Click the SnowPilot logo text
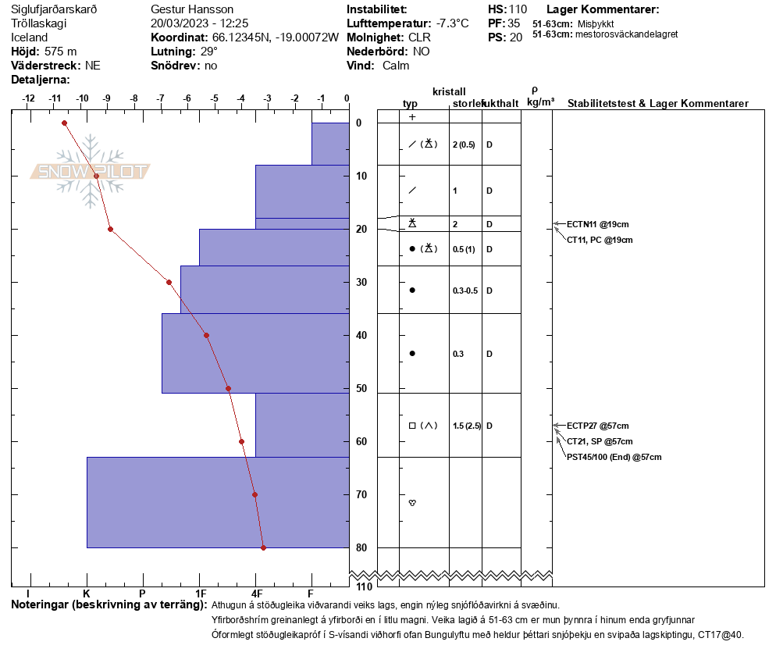click(x=91, y=172)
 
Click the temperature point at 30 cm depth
click(x=169, y=282)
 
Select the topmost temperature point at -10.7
click(x=64, y=123)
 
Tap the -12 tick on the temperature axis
click(x=29, y=99)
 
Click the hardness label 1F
click(x=201, y=594)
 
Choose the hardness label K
click(x=87, y=594)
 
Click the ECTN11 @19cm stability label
click(x=593, y=224)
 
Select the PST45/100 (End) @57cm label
click(x=614, y=457)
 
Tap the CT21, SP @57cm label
click(x=600, y=441)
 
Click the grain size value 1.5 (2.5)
click(x=464, y=426)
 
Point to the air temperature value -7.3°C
click(x=452, y=23)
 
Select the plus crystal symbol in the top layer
click(x=412, y=117)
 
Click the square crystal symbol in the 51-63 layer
click(x=412, y=426)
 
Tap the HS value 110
click(x=518, y=9)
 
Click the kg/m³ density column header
click(x=540, y=102)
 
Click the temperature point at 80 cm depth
click(x=263, y=547)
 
